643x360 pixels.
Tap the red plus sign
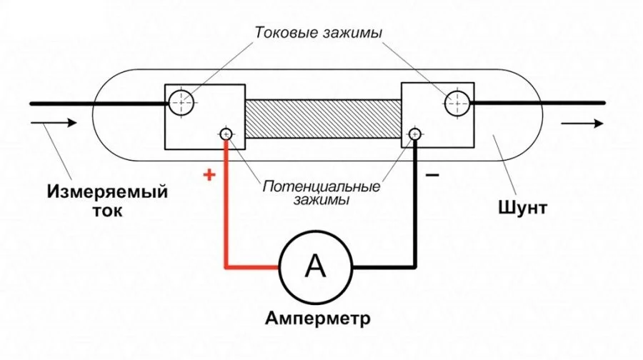pyautogui.click(x=209, y=175)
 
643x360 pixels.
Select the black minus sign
pyautogui.click(x=432, y=176)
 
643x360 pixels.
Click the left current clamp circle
pyautogui.click(x=181, y=103)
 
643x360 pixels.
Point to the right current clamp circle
pyautogui.click(x=457, y=103)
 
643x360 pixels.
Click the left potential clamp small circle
pyautogui.click(x=226, y=134)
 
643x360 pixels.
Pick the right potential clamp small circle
pyautogui.click(x=414, y=134)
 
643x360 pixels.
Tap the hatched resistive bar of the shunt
pyautogui.click(x=323, y=119)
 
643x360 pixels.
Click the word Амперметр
pyautogui.click(x=318, y=318)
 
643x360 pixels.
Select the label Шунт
pyautogui.click(x=523, y=207)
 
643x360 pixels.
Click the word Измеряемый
pyautogui.click(x=107, y=191)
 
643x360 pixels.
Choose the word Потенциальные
pyautogui.click(x=321, y=186)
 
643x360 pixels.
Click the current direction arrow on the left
pyautogui.click(x=54, y=123)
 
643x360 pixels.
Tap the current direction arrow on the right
pyautogui.click(x=582, y=123)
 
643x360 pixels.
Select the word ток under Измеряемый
pyautogui.click(x=107, y=211)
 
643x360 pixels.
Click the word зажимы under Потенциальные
pyautogui.click(x=321, y=200)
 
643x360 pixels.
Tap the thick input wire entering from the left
pyautogui.click(x=99, y=104)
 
